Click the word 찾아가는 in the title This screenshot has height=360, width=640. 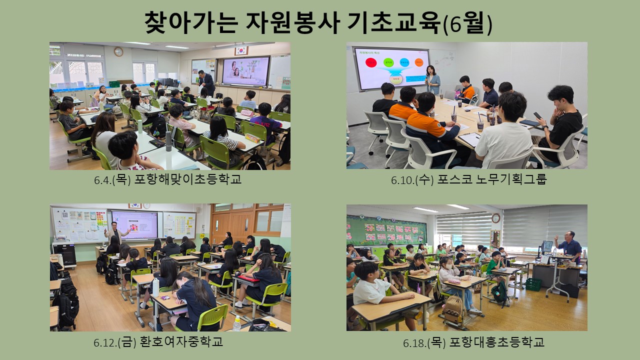(x=191, y=22)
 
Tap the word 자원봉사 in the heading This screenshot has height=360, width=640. (x=293, y=22)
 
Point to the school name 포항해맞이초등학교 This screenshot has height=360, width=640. (x=187, y=179)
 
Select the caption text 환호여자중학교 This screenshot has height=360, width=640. (x=181, y=341)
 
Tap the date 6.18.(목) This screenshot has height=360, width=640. (x=424, y=342)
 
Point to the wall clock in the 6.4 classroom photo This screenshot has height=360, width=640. (x=118, y=51)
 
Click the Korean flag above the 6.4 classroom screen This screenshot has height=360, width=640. (x=241, y=50)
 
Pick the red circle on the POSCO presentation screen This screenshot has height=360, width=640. (x=371, y=62)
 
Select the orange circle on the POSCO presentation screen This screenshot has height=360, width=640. (x=419, y=62)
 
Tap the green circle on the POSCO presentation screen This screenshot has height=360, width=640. (x=388, y=62)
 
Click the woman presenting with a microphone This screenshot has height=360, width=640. (x=433, y=79)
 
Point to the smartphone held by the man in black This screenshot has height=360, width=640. (x=537, y=115)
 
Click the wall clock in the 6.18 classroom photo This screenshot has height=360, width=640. (x=495, y=218)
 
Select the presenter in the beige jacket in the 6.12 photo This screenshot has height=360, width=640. (x=115, y=233)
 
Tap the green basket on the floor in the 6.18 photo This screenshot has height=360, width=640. (x=533, y=284)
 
